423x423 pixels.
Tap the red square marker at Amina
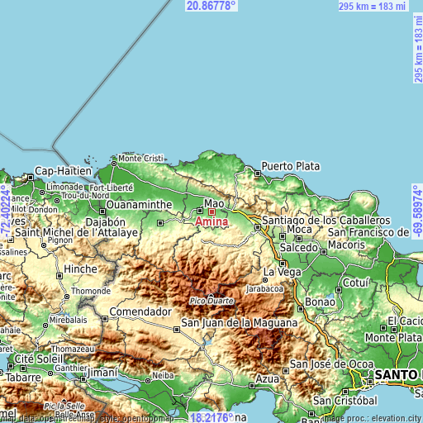[x=211, y=211]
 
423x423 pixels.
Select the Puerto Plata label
[x=290, y=166]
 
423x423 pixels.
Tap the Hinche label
[x=81, y=269]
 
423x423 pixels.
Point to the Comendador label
[x=140, y=312]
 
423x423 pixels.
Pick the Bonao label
[x=319, y=302]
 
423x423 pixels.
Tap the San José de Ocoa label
[x=327, y=364]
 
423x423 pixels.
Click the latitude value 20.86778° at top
[x=211, y=6]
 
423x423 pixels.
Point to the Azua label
[x=268, y=378]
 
